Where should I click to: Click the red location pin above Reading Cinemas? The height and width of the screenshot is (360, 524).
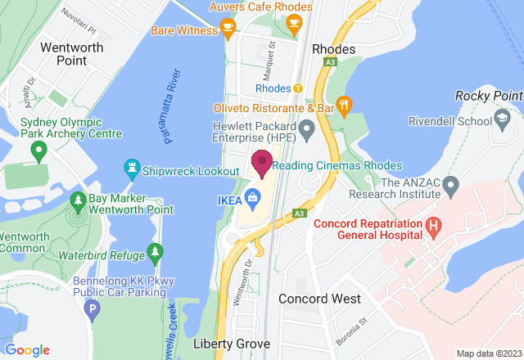[x=262, y=162]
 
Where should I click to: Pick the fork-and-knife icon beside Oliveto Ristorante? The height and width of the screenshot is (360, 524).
[x=346, y=104]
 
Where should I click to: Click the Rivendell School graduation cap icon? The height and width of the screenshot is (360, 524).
[x=499, y=120]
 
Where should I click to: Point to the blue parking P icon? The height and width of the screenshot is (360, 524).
[x=93, y=310]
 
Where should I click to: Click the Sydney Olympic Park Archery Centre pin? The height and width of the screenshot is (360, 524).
[x=37, y=151]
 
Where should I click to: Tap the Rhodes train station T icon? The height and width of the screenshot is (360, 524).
[x=299, y=88]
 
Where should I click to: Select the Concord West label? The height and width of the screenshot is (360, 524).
[x=319, y=299]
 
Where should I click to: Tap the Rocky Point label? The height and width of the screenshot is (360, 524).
[x=489, y=97]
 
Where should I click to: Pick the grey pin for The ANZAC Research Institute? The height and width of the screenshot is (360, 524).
[x=450, y=188]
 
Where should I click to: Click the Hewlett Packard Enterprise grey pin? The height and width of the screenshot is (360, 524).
[x=307, y=128]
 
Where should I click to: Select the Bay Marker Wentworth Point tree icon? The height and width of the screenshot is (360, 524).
[x=78, y=200]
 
